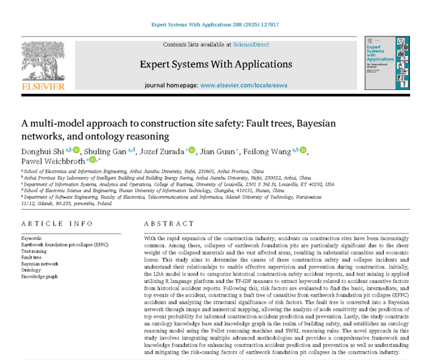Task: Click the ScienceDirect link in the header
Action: [251, 45]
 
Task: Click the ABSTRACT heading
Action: [169, 223]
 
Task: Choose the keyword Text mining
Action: [34, 251]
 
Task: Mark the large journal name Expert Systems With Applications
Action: [216, 64]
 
